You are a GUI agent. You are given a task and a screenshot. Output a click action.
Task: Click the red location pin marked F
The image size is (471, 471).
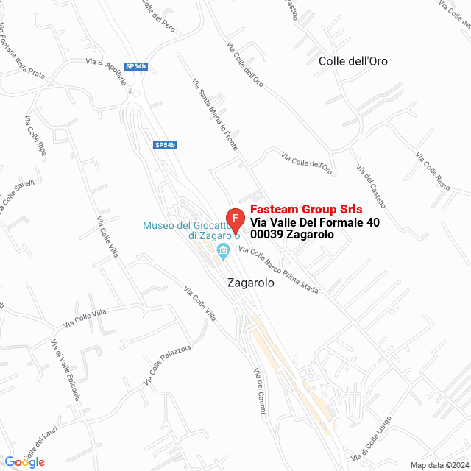235,219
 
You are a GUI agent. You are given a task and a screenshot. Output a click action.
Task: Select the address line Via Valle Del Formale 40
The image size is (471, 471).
315,222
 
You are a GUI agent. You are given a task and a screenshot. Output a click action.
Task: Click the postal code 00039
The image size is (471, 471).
266,235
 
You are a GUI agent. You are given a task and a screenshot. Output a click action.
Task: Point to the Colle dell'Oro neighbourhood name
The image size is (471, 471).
353,61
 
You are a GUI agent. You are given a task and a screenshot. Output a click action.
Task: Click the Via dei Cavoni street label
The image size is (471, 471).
258,390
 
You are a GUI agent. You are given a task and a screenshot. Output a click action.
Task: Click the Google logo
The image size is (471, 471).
24,461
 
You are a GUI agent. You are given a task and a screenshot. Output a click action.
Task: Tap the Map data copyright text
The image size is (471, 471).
439,465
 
